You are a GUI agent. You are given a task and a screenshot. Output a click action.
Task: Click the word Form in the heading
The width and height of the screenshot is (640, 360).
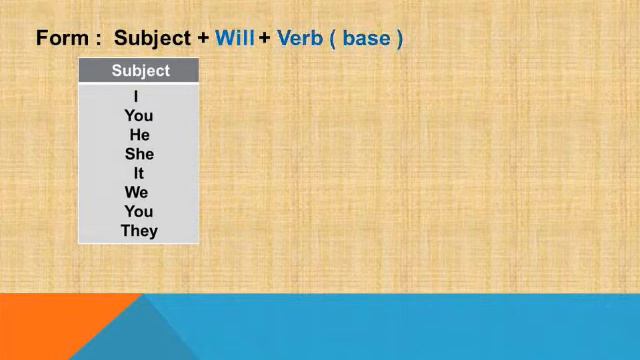click(x=60, y=39)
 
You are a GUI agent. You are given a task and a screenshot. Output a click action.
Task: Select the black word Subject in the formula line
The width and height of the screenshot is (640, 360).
click(x=152, y=39)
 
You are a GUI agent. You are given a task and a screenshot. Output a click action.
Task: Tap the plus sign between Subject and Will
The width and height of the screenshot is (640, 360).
click(x=203, y=39)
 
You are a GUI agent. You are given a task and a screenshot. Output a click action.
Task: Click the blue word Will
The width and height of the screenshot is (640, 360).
click(x=235, y=39)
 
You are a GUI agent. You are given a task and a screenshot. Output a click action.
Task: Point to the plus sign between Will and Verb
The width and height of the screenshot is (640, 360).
click(x=265, y=39)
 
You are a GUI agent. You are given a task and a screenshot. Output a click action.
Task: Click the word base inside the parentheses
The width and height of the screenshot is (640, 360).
click(x=366, y=39)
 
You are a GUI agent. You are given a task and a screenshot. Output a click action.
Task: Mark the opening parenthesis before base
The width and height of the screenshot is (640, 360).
click(x=334, y=39)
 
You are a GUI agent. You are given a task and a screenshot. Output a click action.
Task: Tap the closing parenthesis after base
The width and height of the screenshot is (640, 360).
click(x=399, y=39)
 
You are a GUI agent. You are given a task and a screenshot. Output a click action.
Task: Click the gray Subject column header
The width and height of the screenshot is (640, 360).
click(x=140, y=71)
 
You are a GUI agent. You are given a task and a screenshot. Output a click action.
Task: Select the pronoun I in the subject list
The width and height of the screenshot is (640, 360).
click(x=135, y=97)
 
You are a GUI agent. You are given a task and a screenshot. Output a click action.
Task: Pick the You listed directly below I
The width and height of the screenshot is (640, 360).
click(x=139, y=116)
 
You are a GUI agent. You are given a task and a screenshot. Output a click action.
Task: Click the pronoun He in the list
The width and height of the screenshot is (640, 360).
click(x=139, y=135)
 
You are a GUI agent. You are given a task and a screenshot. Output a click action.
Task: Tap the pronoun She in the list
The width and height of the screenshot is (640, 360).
click(x=139, y=154)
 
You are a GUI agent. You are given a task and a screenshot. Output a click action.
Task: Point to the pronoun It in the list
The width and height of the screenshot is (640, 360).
click(x=139, y=173)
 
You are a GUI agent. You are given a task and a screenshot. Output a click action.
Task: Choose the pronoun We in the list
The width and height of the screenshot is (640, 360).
click(x=137, y=192)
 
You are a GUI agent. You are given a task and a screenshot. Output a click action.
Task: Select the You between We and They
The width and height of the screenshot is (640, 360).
click(x=139, y=211)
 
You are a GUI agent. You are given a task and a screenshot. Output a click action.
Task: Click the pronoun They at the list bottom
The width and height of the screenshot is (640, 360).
click(x=139, y=231)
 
